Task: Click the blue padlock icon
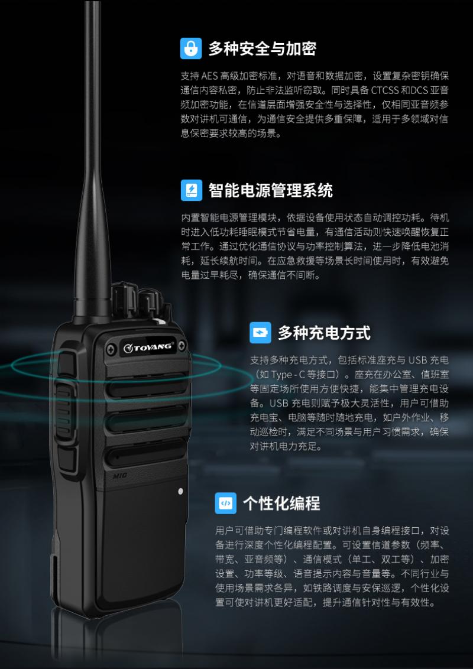(191, 48)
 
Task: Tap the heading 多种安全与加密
(262, 48)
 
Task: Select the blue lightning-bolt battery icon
(191, 190)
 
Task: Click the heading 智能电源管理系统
(270, 190)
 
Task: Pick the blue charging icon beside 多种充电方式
(260, 333)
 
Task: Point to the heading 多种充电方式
(324, 333)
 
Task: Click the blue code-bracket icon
(226, 503)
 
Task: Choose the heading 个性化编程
(282, 504)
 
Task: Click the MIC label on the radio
(120, 476)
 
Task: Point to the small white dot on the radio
(180, 491)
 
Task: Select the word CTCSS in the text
(385, 90)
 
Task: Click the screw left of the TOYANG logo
(111, 349)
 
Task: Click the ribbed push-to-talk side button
(63, 412)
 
